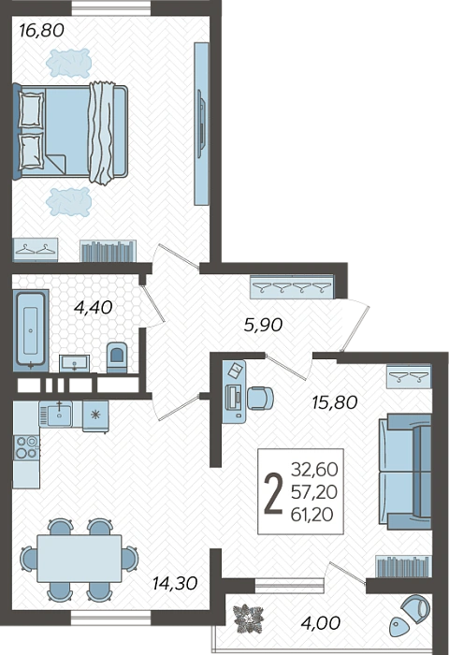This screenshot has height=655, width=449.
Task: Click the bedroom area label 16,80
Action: [41, 31]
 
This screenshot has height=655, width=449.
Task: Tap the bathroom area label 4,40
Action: [93, 308]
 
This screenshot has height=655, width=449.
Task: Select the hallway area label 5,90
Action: [263, 325]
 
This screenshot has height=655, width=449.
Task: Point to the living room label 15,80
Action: [335, 402]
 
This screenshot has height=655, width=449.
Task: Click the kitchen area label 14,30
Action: [175, 583]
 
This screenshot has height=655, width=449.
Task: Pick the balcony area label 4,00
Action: [320, 623]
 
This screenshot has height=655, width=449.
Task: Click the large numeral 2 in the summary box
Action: [273, 493]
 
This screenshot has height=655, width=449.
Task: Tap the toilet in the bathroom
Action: [117, 357]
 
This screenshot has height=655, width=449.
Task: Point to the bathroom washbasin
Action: [74, 363]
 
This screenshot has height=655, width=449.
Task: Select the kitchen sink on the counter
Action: [59, 414]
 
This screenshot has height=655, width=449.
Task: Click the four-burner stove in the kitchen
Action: [26, 447]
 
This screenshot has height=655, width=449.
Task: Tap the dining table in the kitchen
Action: [80, 559]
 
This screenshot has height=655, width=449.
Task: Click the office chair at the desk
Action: [260, 398]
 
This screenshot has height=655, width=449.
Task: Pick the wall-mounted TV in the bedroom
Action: [201, 124]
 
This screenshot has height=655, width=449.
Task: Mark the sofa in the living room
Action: [405, 472]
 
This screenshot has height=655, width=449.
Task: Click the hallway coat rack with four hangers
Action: [292, 286]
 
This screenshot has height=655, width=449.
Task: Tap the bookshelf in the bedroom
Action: [109, 251]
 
